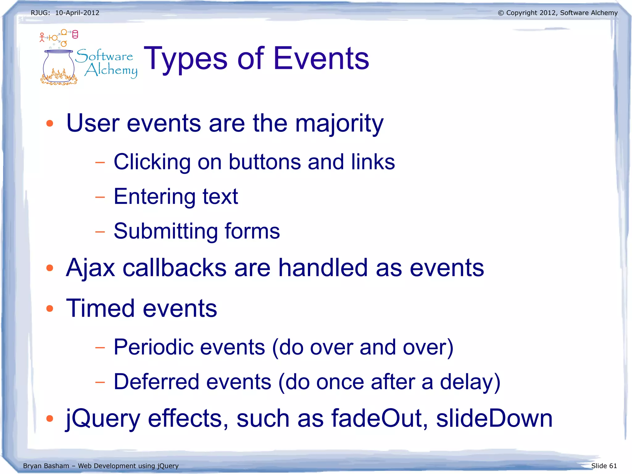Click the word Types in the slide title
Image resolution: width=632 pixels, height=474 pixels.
point(185,59)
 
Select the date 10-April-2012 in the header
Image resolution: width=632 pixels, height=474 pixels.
point(77,13)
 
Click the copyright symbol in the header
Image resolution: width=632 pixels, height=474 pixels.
point(501,13)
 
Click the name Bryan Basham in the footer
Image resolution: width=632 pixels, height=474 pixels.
point(46,466)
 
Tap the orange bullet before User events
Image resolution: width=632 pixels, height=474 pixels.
point(50,124)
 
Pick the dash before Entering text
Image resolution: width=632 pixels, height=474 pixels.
point(100,197)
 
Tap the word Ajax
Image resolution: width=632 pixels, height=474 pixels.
point(90,268)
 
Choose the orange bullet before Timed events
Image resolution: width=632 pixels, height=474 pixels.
point(50,308)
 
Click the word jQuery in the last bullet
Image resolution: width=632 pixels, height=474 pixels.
point(103,419)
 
